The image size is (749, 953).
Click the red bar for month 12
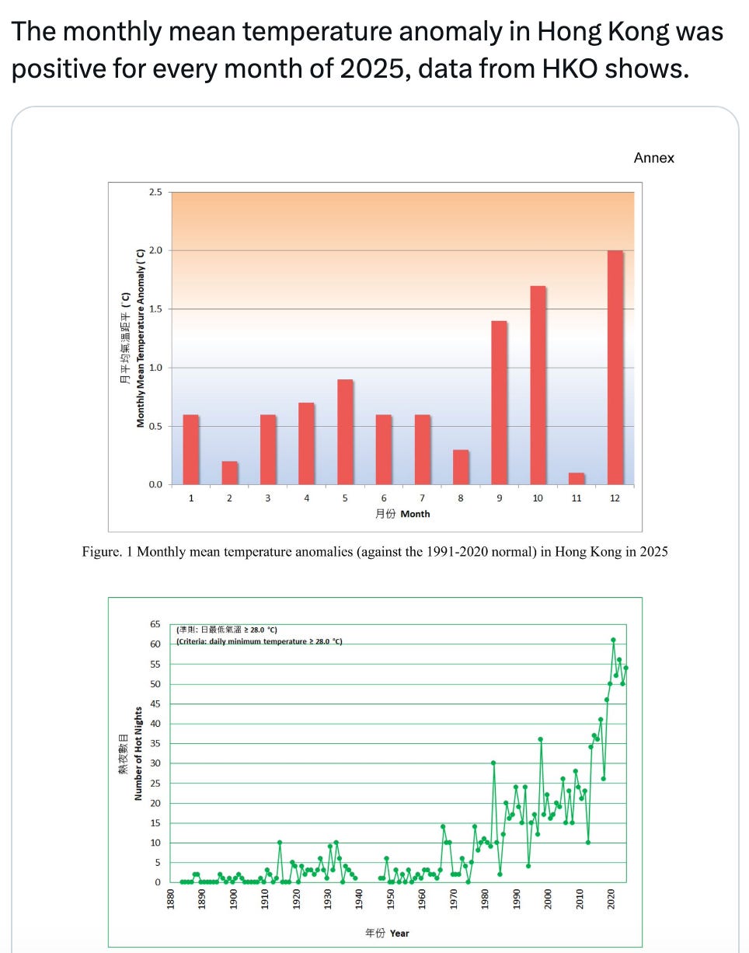[x=615, y=367]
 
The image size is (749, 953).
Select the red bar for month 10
[x=538, y=385]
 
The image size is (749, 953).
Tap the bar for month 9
[x=499, y=402]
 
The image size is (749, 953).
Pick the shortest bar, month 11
[x=576, y=478]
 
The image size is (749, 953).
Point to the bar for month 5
[x=345, y=431]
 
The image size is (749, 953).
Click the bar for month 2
[x=229, y=473]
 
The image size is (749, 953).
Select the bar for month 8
[x=461, y=466]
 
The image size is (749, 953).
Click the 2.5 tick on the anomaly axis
[x=155, y=192]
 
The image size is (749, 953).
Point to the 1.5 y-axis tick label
[x=155, y=309]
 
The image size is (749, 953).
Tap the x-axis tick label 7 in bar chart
[x=422, y=498]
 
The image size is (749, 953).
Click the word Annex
[x=653, y=158]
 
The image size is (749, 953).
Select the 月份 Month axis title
[x=402, y=514]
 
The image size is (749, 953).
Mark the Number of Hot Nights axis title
[x=138, y=753]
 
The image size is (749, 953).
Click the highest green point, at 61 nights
[x=613, y=640]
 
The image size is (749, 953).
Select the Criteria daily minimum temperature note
[x=260, y=641]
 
